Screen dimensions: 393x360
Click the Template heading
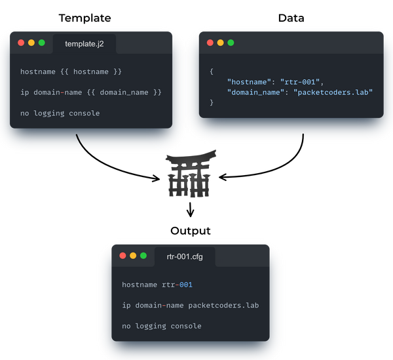[84, 18]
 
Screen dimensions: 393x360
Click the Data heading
[291, 18]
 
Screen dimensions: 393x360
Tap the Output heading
[191, 231]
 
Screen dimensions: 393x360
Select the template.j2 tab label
[84, 44]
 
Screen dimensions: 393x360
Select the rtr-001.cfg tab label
[185, 256]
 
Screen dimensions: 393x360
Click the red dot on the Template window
[21, 43]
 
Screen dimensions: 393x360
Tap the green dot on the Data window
[231, 43]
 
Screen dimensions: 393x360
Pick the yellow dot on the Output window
[133, 256]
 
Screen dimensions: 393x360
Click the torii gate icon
[190, 173]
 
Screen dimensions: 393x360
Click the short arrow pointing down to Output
[190, 210]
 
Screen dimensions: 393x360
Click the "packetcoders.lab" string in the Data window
[333, 92]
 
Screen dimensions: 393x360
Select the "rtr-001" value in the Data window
[300, 82]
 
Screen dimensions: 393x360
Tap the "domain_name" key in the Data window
[255, 92]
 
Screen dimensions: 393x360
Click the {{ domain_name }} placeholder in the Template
[124, 92]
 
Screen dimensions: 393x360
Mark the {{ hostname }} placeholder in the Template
[91, 71]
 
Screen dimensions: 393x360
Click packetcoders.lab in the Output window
[223, 306]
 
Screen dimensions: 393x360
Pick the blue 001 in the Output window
[186, 285]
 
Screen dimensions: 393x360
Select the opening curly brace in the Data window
[212, 71]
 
